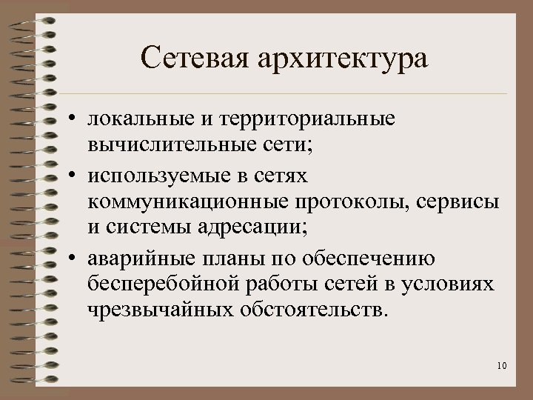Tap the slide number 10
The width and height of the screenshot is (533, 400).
[x=502, y=365]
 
